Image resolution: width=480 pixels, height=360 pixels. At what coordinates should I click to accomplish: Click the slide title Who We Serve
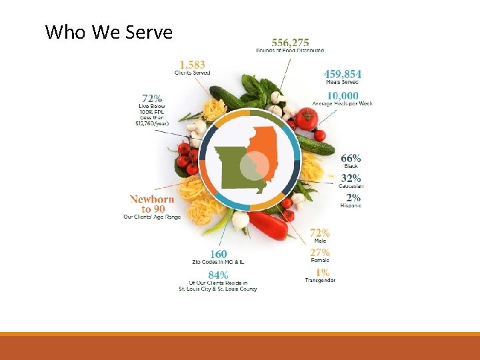[x=109, y=32]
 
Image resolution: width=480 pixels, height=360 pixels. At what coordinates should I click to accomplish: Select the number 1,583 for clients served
[x=192, y=65]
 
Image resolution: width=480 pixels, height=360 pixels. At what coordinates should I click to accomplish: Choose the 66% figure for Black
[x=351, y=158]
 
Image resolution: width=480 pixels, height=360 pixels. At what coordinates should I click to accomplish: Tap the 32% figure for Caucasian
[x=351, y=178]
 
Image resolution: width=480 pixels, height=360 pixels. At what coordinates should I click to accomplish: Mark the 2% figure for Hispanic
[x=353, y=197]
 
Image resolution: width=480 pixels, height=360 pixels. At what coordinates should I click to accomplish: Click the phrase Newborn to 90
[x=152, y=203]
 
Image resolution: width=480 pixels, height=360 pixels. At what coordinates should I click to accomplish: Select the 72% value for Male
[x=320, y=233]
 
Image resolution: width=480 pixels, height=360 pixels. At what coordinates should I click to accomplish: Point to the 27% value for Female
[x=320, y=252]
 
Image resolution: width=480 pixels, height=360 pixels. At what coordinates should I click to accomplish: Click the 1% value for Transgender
[x=321, y=272]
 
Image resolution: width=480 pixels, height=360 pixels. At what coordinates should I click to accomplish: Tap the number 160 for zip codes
[x=218, y=254]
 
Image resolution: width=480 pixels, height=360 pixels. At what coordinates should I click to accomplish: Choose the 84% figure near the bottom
[x=218, y=275]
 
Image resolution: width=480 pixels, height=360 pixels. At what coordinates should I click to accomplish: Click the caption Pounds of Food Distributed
[x=290, y=51]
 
